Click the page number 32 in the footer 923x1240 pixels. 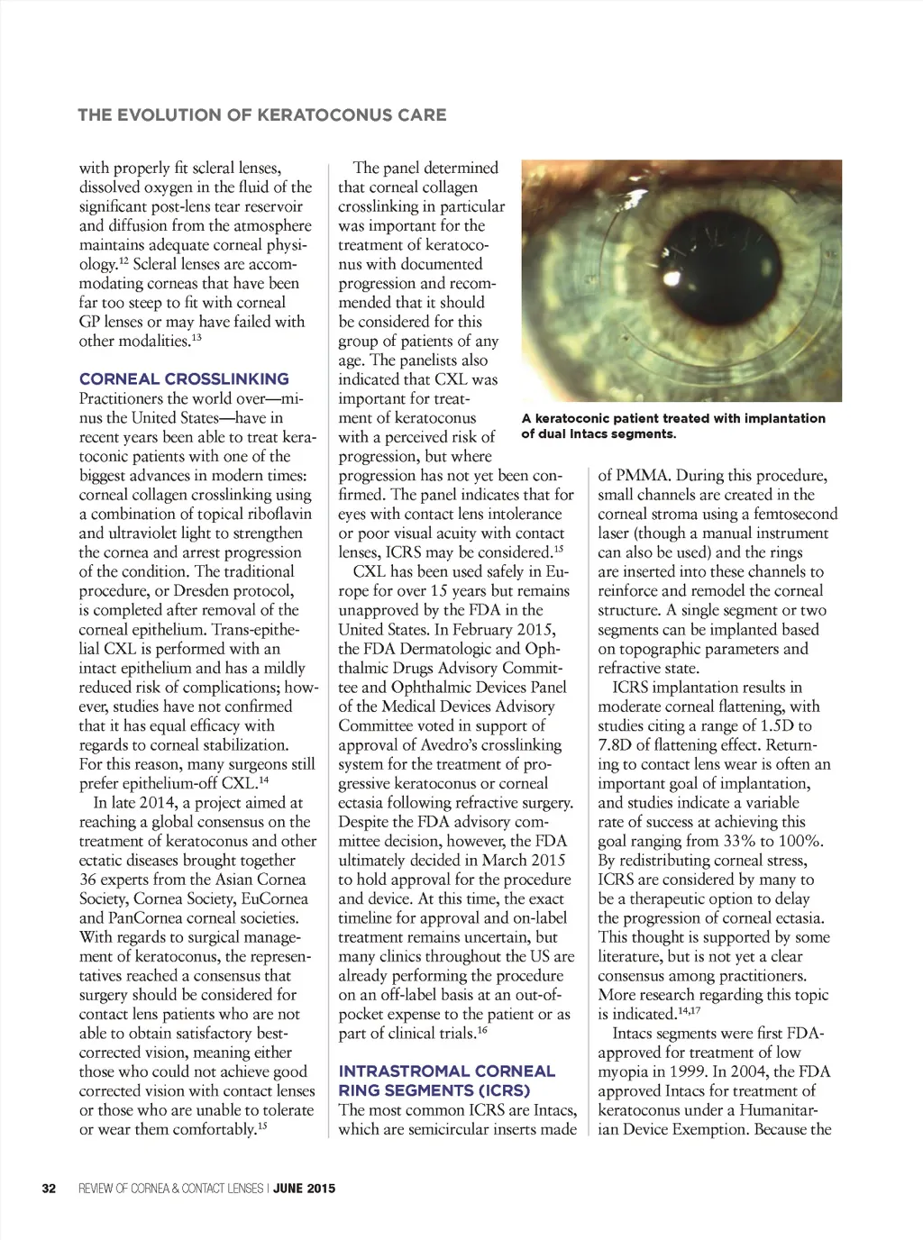point(49,1189)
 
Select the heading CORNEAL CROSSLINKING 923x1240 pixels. point(184,379)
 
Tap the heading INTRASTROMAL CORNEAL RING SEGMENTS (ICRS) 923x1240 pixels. point(446,1080)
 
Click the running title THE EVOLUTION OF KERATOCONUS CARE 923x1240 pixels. point(262,114)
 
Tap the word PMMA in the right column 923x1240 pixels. point(641,476)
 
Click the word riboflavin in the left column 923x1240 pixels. point(276,515)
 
